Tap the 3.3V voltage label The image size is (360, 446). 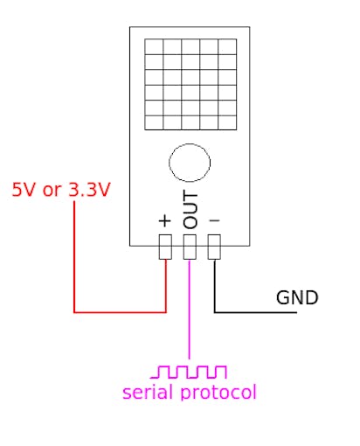pos(89,190)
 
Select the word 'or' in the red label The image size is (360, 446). pos(52,192)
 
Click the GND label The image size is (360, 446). pos(297,297)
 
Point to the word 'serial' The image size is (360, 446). pos(149,392)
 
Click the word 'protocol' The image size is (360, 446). pos(218,392)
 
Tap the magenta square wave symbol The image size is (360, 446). pos(189,372)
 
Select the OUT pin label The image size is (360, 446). pos(190,209)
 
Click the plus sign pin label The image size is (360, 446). pos(165,220)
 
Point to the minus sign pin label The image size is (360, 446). pos(214,220)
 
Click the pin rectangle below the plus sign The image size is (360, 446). pos(165,247)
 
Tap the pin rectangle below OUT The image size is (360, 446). pos(190,247)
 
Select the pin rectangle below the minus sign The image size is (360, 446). pos(214,247)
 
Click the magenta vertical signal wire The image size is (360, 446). pos(190,309)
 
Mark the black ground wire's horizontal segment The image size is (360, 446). pos(255,312)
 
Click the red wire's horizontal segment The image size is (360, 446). pos(120,312)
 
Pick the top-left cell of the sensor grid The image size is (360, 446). pos(154,46)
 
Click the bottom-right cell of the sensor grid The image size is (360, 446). pos(227,122)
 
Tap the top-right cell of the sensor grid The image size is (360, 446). pos(227,46)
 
